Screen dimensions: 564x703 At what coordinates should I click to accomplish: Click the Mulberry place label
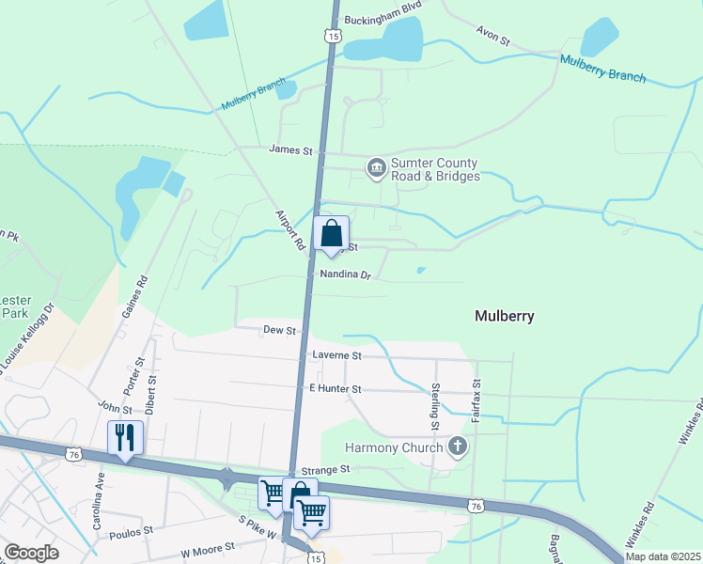click(505, 316)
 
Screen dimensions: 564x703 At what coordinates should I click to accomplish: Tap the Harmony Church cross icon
click(458, 446)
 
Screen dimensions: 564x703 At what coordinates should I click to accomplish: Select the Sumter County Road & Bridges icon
click(377, 168)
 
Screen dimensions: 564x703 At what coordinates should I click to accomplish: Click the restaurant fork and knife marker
click(125, 437)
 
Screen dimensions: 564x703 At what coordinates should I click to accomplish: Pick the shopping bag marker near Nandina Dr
click(331, 234)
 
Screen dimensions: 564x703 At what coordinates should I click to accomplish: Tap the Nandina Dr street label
click(346, 276)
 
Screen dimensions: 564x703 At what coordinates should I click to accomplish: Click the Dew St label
click(279, 331)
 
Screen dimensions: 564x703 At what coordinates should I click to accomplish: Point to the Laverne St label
click(336, 356)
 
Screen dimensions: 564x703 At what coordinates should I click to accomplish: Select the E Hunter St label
click(335, 388)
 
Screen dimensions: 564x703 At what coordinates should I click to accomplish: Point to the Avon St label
click(492, 41)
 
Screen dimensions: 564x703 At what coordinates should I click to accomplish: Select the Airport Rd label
click(291, 228)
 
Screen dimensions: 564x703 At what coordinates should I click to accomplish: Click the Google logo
click(31, 553)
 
